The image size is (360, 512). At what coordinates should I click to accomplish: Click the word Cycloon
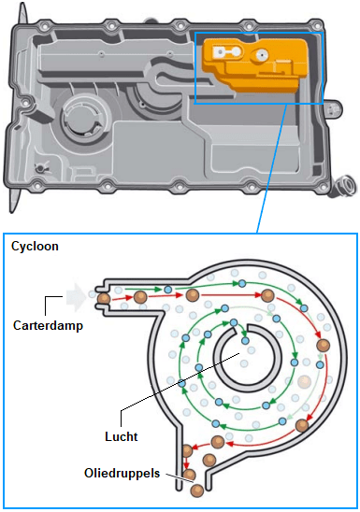[35, 247]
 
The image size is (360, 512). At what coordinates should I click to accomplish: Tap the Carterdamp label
[48, 325]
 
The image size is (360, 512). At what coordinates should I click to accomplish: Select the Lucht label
[122, 436]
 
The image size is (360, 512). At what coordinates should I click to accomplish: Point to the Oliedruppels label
[122, 473]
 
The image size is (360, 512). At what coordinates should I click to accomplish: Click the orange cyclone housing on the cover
[255, 64]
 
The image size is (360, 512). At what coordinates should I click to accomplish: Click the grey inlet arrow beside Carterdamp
[76, 297]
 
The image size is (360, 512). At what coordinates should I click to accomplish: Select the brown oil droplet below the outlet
[197, 491]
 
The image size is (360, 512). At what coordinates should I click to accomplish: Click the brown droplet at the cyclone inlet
[104, 298]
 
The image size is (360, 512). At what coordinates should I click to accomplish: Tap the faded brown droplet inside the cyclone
[304, 381]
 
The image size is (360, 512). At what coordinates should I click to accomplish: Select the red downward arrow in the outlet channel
[186, 462]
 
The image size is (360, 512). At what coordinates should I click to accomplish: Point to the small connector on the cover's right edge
[333, 108]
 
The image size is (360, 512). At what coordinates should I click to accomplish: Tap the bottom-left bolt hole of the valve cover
[36, 187]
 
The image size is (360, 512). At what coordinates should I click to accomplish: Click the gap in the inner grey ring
[241, 331]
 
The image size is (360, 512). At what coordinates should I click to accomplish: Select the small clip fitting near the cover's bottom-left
[40, 168]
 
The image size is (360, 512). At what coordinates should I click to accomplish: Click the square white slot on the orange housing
[219, 52]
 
